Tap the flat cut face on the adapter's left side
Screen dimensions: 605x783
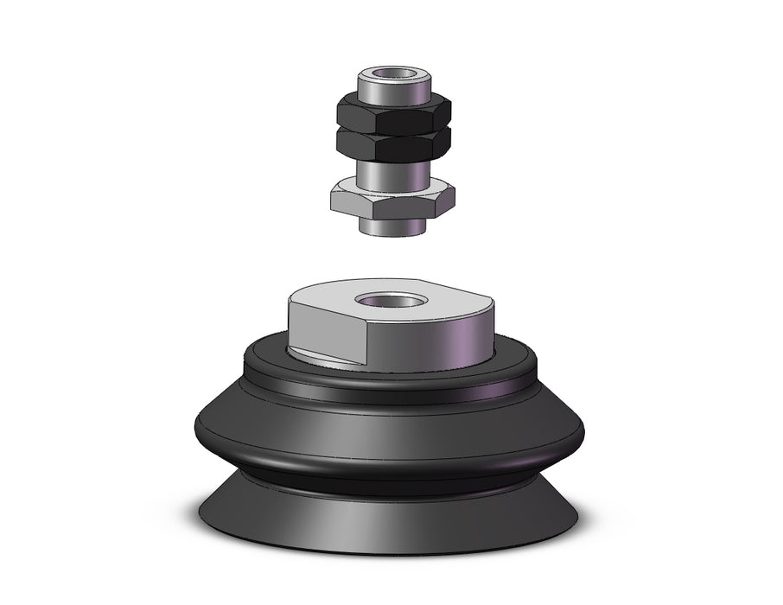tap(328, 333)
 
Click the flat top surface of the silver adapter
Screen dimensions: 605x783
tap(432, 298)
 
